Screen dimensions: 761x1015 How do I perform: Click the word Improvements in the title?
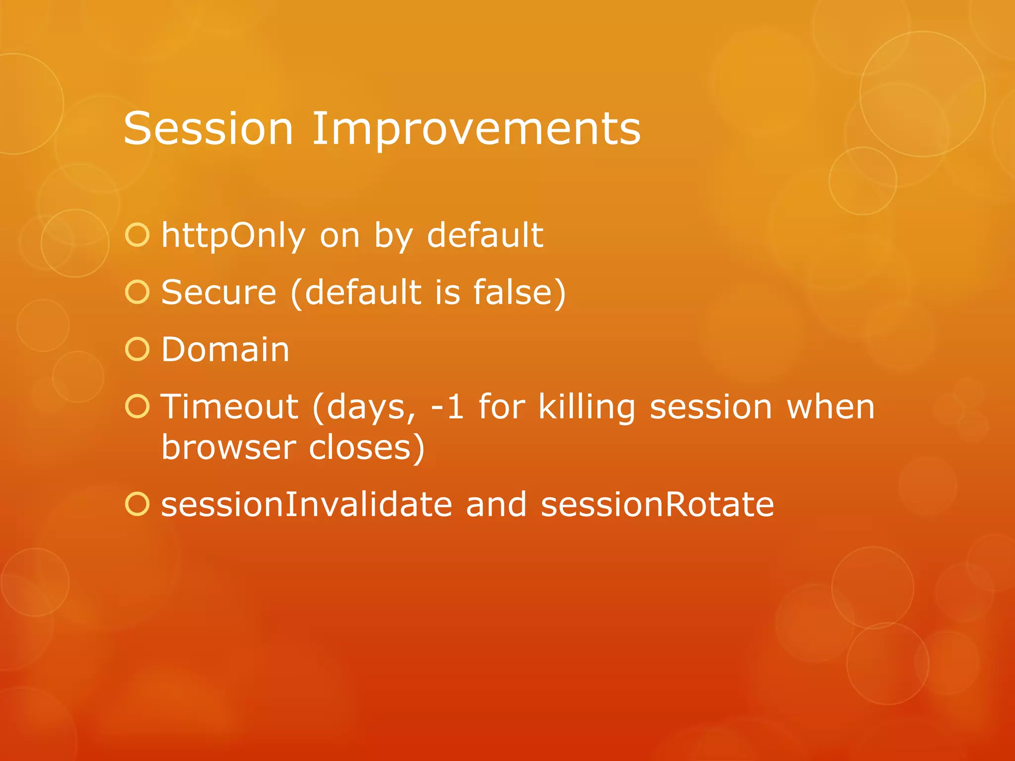pos(476,130)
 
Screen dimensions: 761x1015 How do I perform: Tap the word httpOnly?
pos(233,235)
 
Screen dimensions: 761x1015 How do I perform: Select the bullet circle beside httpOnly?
pos(137,235)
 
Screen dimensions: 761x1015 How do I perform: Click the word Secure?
pos(219,292)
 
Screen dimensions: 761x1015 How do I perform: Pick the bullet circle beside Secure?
pos(137,292)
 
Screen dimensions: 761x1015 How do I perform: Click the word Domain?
pos(226,349)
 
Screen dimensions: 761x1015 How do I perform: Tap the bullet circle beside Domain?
pos(137,349)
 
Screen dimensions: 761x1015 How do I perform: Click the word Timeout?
pos(230,407)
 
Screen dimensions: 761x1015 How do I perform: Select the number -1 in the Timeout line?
pos(448,407)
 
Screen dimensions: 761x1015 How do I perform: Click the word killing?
pos(587,407)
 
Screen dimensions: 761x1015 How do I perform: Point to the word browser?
pos(228,447)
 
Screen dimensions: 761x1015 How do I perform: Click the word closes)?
pos(367,447)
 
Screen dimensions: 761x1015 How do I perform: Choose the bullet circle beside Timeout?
pos(137,406)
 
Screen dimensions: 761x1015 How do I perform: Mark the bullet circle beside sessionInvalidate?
pos(137,504)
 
